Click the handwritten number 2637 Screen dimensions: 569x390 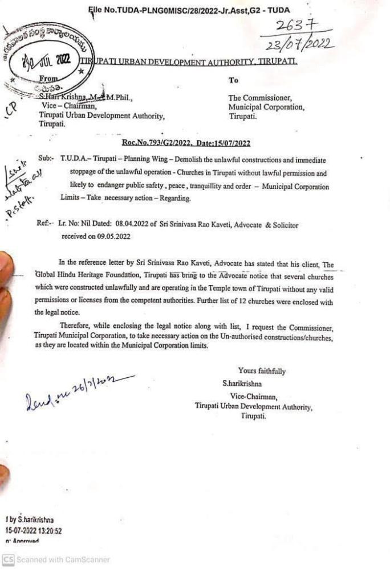(295, 26)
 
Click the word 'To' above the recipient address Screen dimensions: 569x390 (233, 81)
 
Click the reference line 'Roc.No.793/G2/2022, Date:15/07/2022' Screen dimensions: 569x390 (186, 143)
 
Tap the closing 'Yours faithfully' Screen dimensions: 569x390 (262, 371)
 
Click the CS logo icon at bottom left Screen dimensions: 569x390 (7, 559)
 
